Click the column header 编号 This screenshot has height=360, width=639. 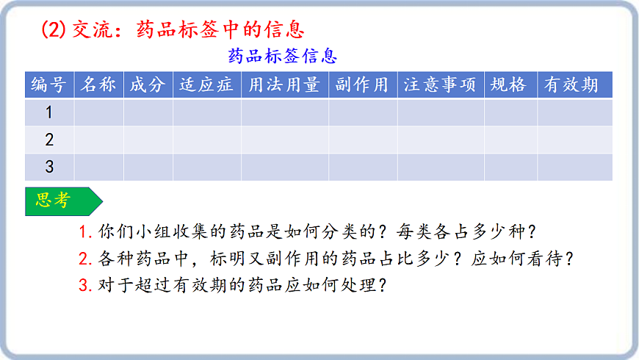pos(49,85)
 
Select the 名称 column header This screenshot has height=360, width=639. pos(98,85)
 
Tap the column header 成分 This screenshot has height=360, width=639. pos(148,85)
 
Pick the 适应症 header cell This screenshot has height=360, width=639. pos(207,85)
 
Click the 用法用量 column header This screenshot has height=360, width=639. pos(284,85)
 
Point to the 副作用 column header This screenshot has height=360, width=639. pos(362,85)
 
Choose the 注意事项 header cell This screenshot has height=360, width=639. pos(440,85)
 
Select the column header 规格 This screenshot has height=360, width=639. pos(510,85)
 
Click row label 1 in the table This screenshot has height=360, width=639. pos(49,112)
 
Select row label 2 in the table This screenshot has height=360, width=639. pos(49,140)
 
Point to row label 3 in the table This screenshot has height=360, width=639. pos(49,167)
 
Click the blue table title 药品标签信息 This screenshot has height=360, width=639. pos(283,57)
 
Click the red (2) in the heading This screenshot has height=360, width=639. pos(53,29)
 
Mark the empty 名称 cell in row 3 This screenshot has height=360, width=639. pos(98,167)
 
